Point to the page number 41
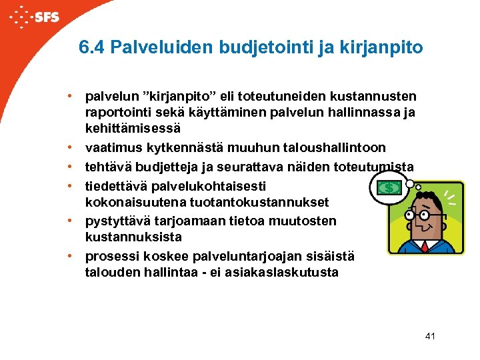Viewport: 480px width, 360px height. pyautogui.click(x=429, y=336)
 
